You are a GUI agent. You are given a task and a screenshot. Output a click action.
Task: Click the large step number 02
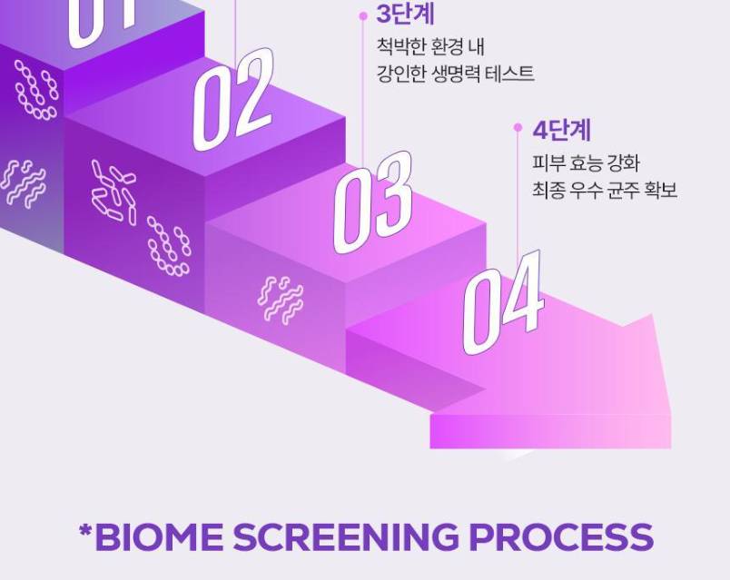(232, 100)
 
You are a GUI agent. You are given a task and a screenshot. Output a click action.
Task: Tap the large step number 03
(373, 202)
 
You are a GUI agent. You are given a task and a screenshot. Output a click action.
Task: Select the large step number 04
(503, 302)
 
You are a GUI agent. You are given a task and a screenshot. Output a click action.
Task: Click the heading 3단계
(405, 14)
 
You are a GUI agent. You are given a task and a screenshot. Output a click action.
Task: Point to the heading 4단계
(561, 131)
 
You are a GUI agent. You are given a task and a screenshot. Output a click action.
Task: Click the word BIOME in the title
(158, 536)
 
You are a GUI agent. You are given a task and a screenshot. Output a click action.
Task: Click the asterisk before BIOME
(85, 531)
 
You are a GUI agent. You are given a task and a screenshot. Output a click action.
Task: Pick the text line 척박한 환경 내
(430, 46)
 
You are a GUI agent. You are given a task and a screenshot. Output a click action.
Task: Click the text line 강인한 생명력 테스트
(455, 74)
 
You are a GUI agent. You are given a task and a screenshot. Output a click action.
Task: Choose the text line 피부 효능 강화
(586, 162)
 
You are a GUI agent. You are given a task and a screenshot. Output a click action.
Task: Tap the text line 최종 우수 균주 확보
(605, 190)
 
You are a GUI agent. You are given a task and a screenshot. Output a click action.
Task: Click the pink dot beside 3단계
(363, 16)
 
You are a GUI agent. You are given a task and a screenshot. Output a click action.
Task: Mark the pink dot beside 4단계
(518, 128)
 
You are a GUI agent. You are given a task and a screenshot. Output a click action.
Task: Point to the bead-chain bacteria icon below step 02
(169, 246)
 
